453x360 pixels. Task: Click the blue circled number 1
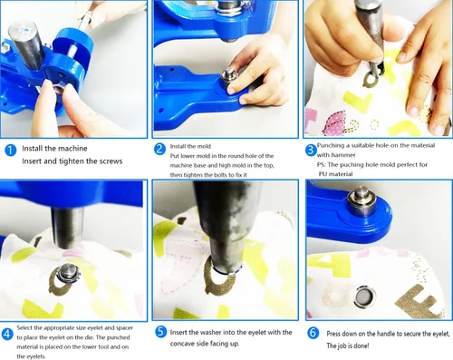click(11, 151)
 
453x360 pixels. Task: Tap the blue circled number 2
click(159, 149)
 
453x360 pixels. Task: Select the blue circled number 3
click(311, 151)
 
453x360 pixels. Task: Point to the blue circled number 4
click(7, 335)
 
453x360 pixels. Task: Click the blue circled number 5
click(161, 332)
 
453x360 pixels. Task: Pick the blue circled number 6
click(313, 333)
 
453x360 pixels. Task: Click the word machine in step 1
click(72, 149)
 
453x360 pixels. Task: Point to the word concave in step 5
click(183, 344)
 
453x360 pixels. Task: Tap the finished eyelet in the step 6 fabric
click(364, 297)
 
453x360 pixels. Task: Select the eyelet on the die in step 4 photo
click(67, 272)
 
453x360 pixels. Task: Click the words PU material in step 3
click(336, 174)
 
